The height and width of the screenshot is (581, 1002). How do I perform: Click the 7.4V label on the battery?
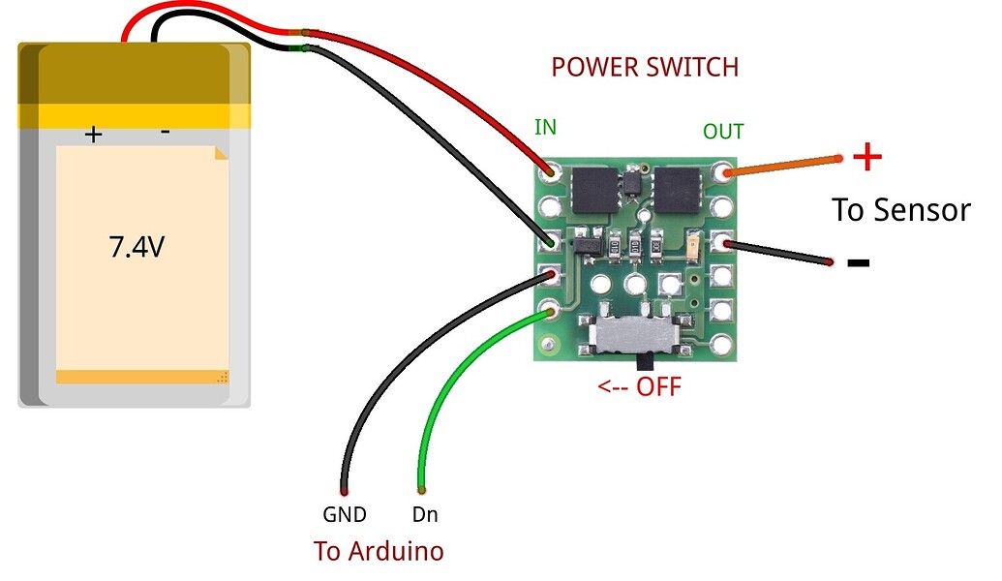click(x=136, y=248)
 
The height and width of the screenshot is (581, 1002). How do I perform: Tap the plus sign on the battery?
click(x=93, y=135)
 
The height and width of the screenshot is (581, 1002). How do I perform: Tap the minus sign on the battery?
click(x=165, y=132)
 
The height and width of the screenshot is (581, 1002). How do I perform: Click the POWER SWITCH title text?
click(x=645, y=68)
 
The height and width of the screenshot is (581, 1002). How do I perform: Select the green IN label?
click(x=546, y=128)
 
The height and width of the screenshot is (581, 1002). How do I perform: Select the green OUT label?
click(x=723, y=132)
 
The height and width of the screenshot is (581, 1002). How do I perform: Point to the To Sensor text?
click(x=900, y=210)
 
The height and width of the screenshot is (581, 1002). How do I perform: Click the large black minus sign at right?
click(x=858, y=262)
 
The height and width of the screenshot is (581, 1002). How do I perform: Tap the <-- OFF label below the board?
click(x=639, y=387)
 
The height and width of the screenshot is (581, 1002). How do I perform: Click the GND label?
click(x=345, y=515)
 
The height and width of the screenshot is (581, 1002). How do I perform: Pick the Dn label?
click(x=425, y=515)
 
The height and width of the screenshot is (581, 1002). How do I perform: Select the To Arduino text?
click(x=379, y=551)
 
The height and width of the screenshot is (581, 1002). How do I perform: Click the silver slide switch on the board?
click(x=634, y=336)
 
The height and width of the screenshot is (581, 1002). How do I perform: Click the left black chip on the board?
click(x=593, y=189)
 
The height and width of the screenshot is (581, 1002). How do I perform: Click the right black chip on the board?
click(x=677, y=189)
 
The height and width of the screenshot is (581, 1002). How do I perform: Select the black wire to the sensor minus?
click(x=779, y=254)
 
